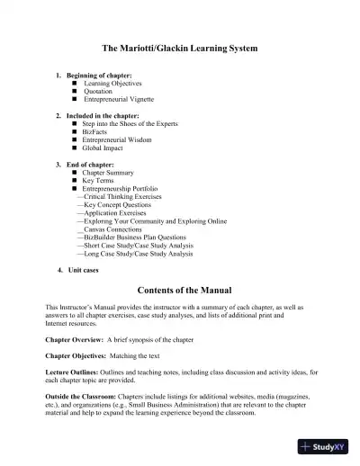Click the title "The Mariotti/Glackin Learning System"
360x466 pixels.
[x=180, y=47]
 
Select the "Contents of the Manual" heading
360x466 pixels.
[x=180, y=290]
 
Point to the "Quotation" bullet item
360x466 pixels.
[x=98, y=91]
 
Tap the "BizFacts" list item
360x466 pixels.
[x=96, y=131]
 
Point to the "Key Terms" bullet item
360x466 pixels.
[x=99, y=180]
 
